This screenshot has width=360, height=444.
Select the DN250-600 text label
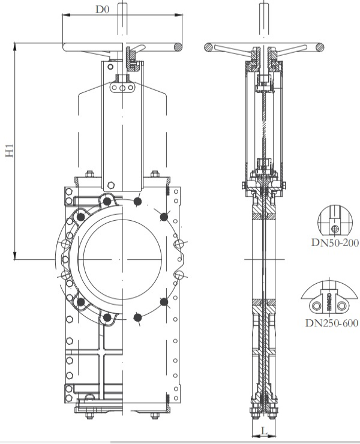332,323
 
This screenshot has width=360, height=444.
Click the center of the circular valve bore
121,258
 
